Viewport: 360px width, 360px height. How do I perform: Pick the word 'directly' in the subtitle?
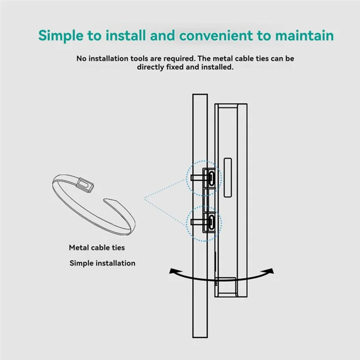pos(151,67)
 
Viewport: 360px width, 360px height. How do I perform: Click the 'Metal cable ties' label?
pos(97,247)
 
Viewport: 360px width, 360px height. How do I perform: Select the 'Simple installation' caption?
pos(102,263)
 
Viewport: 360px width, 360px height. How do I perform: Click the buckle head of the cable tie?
pos(84,183)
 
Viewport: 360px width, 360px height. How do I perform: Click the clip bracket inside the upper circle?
pos(210,176)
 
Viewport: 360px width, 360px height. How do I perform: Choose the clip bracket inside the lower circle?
pos(210,221)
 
